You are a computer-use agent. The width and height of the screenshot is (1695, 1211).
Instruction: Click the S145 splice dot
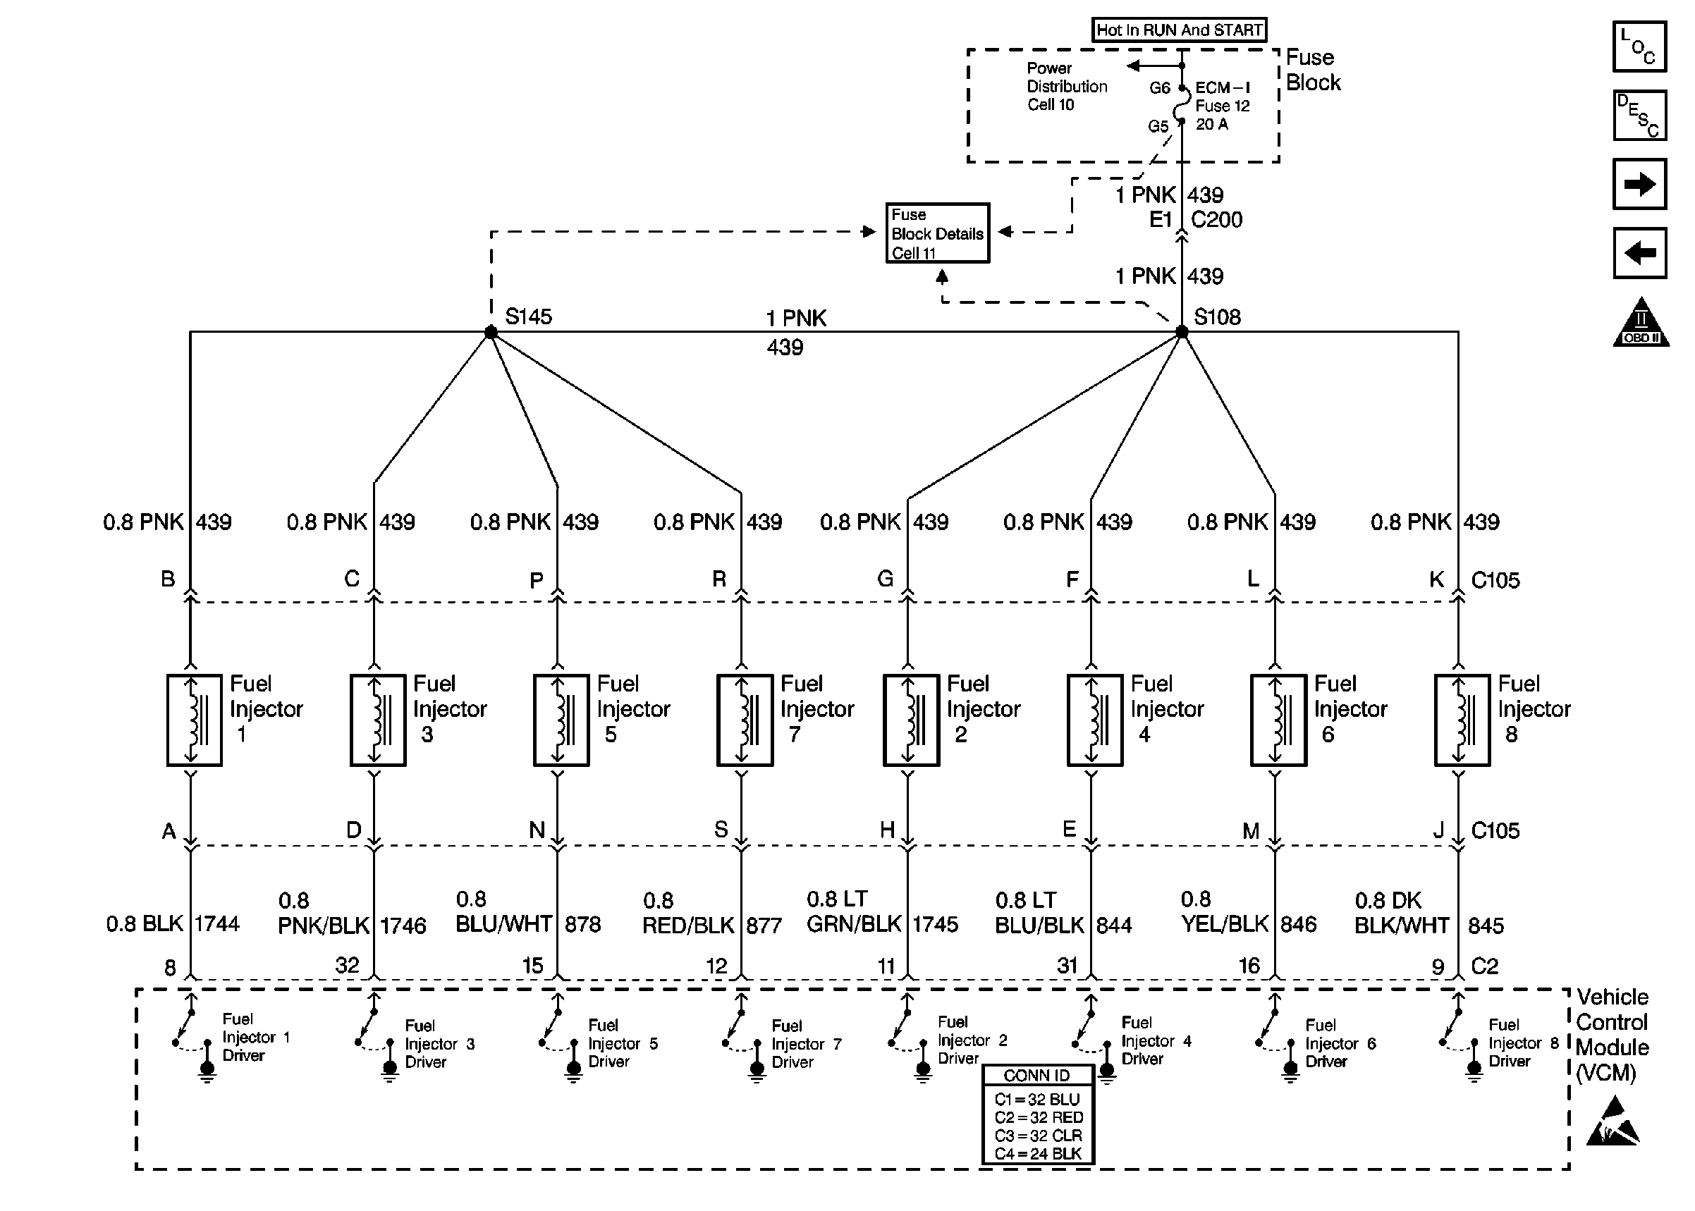(x=491, y=333)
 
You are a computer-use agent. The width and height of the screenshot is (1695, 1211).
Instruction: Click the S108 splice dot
(x=1181, y=332)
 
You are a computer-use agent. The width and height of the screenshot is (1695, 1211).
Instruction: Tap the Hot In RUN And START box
(x=1179, y=30)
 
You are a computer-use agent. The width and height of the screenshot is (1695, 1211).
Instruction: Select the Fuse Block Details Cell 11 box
(x=937, y=233)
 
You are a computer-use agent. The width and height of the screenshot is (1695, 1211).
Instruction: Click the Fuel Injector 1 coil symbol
(x=194, y=720)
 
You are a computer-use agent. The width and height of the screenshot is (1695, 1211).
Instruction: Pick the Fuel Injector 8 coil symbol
(x=1462, y=720)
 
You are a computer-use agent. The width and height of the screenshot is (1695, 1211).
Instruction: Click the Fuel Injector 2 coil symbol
(x=910, y=720)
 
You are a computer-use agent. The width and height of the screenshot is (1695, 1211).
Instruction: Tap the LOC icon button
(x=1639, y=47)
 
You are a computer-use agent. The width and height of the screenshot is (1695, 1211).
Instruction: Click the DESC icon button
(x=1639, y=116)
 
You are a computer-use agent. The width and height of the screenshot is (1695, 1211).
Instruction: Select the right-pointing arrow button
(x=1639, y=184)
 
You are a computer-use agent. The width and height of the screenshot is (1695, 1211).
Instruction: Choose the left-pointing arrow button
(x=1639, y=253)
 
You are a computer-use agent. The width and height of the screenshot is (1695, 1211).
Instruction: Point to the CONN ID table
(x=1037, y=1114)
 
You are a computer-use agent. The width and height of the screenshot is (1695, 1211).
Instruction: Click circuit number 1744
(x=217, y=924)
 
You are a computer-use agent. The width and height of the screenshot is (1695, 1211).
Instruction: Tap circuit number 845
(x=1486, y=926)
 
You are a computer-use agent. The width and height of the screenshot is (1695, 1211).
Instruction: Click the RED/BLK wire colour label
(x=687, y=926)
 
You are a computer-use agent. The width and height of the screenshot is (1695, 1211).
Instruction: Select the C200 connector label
(x=1216, y=220)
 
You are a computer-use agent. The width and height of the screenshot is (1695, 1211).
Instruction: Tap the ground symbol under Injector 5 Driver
(x=573, y=1069)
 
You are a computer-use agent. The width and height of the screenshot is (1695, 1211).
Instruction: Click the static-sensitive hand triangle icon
(x=1613, y=1122)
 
